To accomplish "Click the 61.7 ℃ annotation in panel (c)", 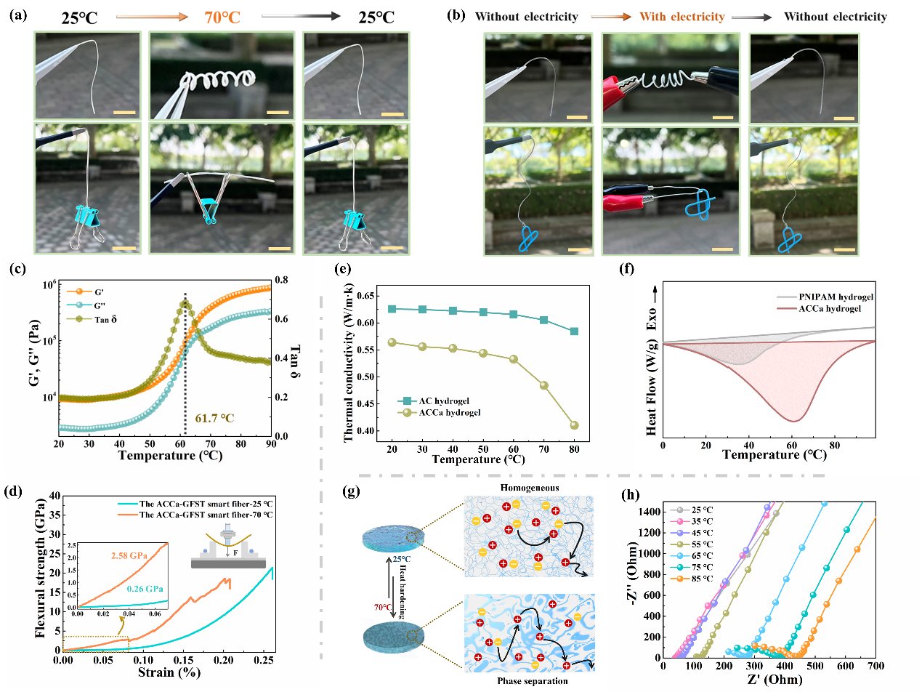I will coord(217,417).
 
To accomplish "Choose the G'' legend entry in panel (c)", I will coord(100,305).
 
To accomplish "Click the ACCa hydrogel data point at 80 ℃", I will coord(575,425).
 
